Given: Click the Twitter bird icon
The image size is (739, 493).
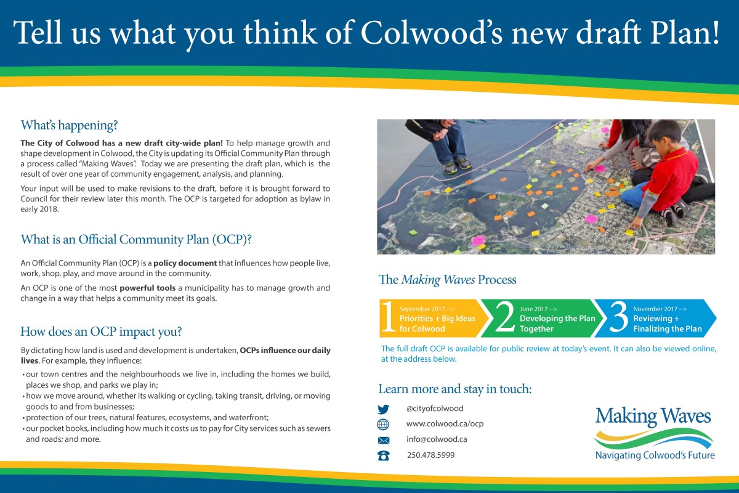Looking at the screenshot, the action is (383, 409).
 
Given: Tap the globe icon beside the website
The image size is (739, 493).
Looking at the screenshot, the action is (383, 425).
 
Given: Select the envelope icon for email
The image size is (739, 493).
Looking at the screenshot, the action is (383, 440).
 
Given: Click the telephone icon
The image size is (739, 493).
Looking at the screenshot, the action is (383, 455).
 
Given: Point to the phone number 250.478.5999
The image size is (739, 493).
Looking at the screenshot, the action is (430, 455).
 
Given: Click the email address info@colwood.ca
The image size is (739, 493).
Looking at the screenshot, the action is (437, 439).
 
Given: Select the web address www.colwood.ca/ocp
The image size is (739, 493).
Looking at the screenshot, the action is (445, 423).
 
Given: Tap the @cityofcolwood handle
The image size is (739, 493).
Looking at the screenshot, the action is (435, 409).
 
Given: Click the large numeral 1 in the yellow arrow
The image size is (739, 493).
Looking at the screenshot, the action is (389, 317).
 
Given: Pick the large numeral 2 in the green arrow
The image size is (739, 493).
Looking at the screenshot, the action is (505, 317).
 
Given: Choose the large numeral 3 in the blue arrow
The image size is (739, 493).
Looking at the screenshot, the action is (619, 317).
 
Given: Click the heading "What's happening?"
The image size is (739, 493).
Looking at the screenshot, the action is (69, 125).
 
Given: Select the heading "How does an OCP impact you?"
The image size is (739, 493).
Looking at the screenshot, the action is (101, 332).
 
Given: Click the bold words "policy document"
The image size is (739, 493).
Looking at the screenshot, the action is (185, 263).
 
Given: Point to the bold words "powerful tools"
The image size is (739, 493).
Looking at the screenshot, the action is (147, 288).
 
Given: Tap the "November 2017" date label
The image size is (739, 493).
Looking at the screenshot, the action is (655, 309).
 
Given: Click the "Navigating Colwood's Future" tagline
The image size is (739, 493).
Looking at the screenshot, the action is (655, 455).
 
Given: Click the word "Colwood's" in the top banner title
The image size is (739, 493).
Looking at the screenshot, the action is (432, 33).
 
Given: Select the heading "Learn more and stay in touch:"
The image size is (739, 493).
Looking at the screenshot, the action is (455, 389).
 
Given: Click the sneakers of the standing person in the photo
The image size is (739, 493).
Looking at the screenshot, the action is (457, 165).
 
